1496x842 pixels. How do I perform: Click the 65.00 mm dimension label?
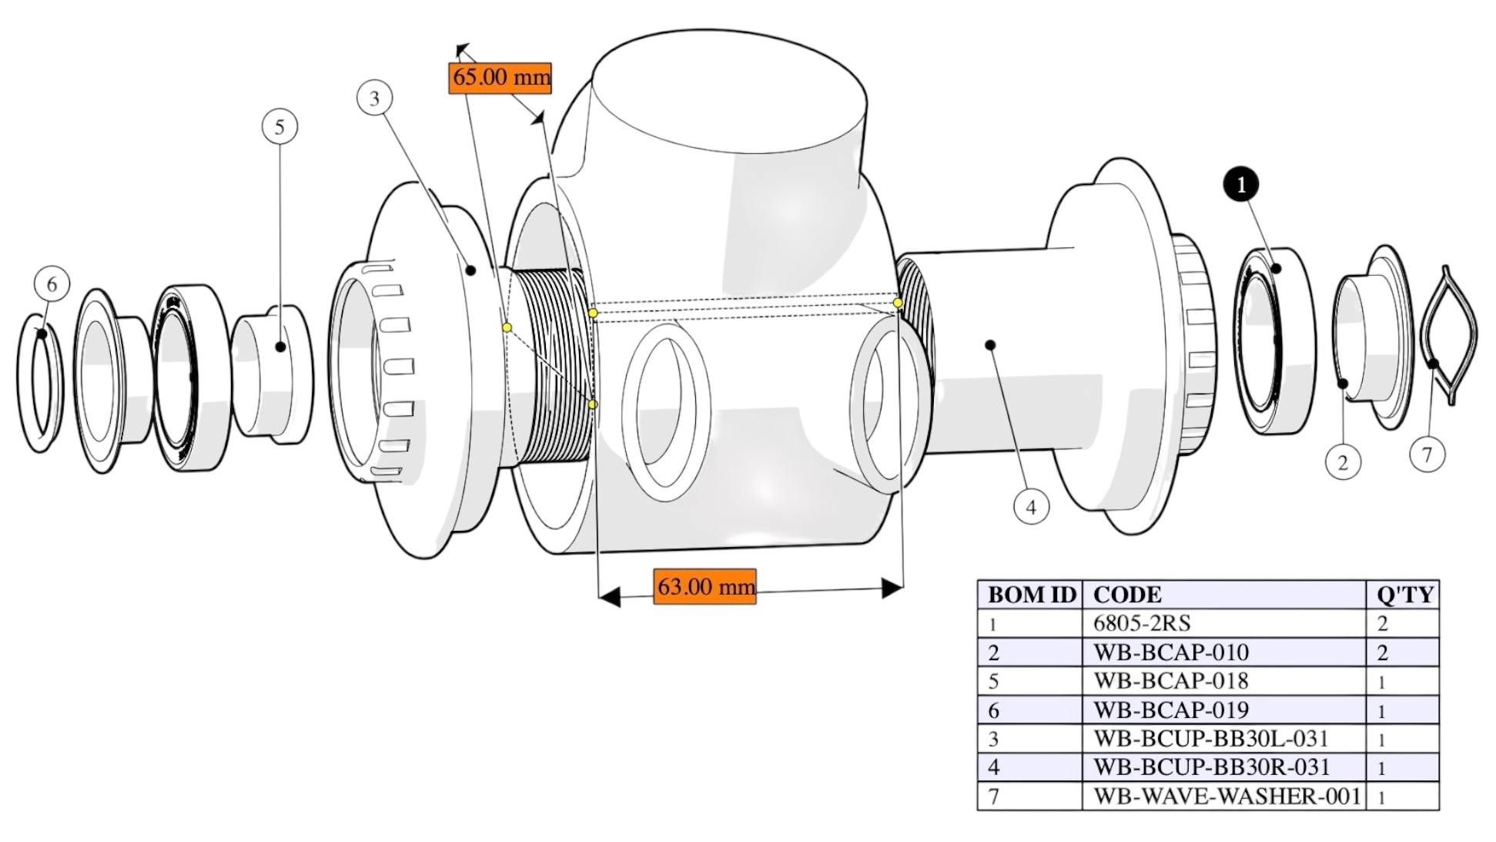(x=500, y=77)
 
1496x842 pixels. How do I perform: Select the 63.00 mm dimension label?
(x=704, y=586)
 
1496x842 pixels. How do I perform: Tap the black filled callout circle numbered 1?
(x=1240, y=185)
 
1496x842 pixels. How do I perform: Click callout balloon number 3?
(x=375, y=98)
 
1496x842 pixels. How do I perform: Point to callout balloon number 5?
(x=279, y=126)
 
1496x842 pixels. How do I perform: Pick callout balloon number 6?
(x=52, y=284)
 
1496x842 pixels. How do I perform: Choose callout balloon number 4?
(x=1031, y=507)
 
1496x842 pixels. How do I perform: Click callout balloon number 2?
(x=1343, y=462)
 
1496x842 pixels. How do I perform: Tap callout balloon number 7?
(x=1427, y=455)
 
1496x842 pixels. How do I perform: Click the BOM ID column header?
(x=1030, y=595)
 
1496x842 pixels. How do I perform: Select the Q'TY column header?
(x=1404, y=595)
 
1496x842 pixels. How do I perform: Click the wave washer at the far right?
(x=1448, y=334)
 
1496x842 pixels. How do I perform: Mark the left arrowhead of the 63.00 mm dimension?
(x=609, y=597)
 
